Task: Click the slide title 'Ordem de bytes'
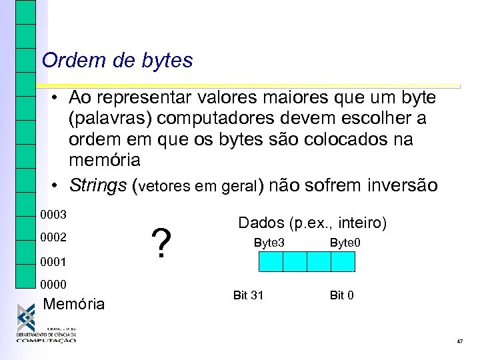coord(117,61)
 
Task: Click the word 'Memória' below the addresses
coord(73,305)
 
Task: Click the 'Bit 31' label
coord(248,295)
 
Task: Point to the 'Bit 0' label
coord(341,295)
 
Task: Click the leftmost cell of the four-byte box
coord(271,262)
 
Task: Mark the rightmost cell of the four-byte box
coord(343,262)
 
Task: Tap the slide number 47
coord(460,341)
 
